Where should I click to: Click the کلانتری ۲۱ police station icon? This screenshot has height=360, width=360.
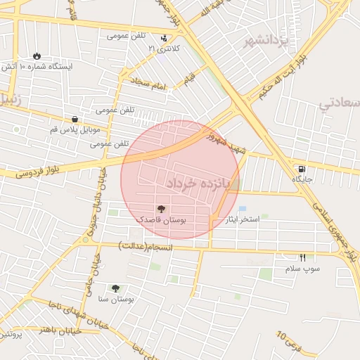coord(164,39)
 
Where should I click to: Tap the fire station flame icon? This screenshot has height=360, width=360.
coord(37,56)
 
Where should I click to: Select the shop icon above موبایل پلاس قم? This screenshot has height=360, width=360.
coord(75,119)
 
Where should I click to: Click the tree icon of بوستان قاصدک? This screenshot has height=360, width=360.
coord(161,209)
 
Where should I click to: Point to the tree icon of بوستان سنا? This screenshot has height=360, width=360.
coord(115,288)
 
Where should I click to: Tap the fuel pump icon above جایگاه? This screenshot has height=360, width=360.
coord(302,169)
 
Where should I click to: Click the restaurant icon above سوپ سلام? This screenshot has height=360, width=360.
coord(302,257)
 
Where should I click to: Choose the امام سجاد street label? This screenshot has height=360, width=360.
coord(150,86)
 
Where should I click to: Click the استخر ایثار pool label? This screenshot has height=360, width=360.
coord(243,220)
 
